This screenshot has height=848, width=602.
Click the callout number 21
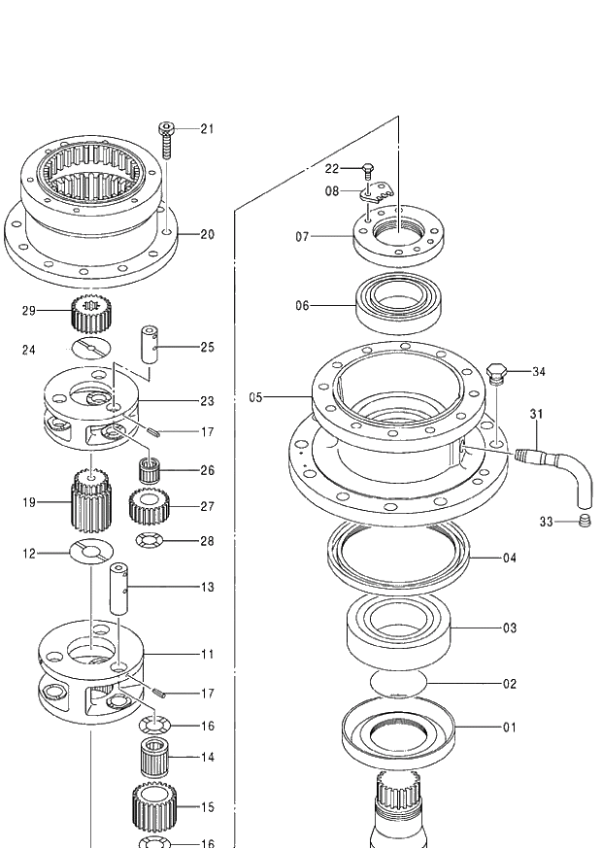(207, 128)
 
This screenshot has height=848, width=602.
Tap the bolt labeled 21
(166, 140)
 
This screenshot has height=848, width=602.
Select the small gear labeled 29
(92, 315)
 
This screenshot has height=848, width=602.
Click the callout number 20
(207, 234)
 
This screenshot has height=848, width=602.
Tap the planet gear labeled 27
(150, 505)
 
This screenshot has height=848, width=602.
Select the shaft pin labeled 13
(119, 588)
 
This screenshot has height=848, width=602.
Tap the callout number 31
(536, 414)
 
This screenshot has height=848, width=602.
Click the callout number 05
(255, 397)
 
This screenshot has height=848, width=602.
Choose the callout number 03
(510, 628)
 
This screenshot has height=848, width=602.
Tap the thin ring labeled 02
(400, 683)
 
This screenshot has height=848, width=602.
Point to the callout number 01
(510, 727)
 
